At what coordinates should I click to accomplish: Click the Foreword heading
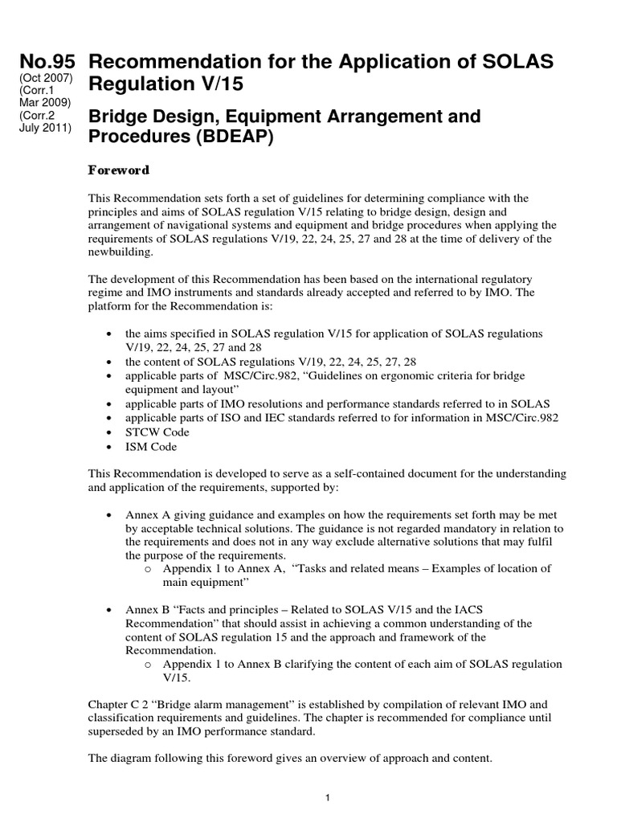tap(119, 170)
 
